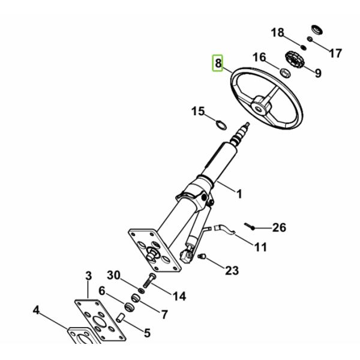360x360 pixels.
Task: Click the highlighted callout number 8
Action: pyautogui.click(x=218, y=63)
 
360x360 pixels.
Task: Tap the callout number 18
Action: pyautogui.click(x=277, y=32)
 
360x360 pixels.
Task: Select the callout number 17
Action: pyautogui.click(x=335, y=53)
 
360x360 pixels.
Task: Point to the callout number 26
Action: pyautogui.click(x=279, y=227)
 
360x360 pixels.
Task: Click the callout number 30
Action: pyautogui.click(x=113, y=275)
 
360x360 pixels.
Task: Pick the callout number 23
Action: pyautogui.click(x=232, y=271)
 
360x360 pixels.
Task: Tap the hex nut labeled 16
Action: pyautogui.click(x=284, y=73)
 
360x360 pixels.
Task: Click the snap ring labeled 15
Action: pyautogui.click(x=221, y=125)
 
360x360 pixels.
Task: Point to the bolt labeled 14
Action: pyautogui.click(x=149, y=280)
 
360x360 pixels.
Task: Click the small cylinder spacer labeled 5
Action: pyautogui.click(x=121, y=317)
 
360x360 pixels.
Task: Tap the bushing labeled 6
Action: pyautogui.click(x=129, y=307)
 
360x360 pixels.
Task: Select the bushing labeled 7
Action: pyautogui.click(x=136, y=298)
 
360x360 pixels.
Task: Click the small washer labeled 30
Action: pyautogui.click(x=141, y=290)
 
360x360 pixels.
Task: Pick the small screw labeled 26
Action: pyautogui.click(x=250, y=226)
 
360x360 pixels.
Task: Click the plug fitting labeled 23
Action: pyautogui.click(x=202, y=256)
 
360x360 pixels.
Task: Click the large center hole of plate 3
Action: pyautogui.click(x=99, y=321)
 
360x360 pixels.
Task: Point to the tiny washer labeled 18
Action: pyautogui.click(x=304, y=47)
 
